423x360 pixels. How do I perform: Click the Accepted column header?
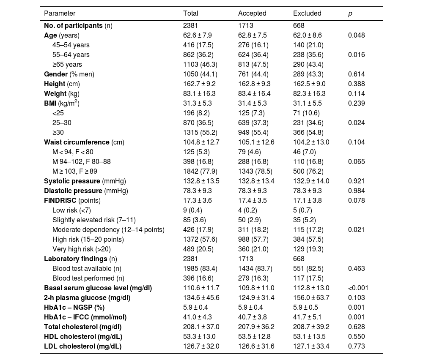tap(252, 13)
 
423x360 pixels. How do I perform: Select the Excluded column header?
tap(307, 13)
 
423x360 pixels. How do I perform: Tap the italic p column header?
tap(350, 13)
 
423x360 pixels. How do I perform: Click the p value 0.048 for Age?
tap(356, 35)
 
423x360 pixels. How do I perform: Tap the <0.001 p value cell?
tap(358, 288)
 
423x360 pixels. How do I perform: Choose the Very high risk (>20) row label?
tap(82, 249)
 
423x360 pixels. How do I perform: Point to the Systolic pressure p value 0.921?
tap(356, 181)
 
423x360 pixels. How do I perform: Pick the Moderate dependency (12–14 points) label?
tap(108, 229)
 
